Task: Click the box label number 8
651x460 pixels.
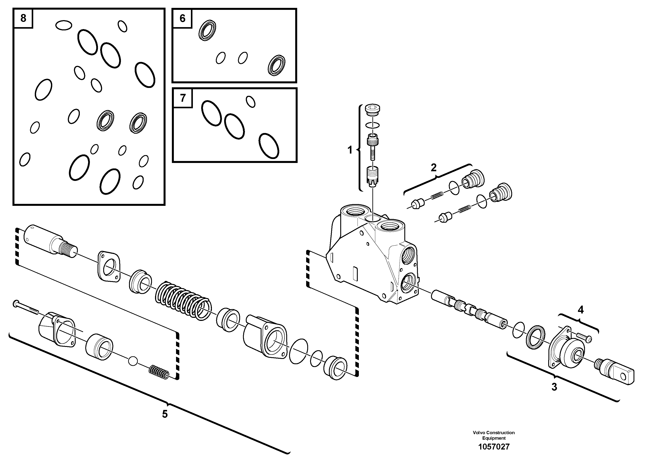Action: [23, 18]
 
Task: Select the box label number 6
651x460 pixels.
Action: [182, 18]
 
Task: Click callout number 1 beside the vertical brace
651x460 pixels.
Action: [350, 150]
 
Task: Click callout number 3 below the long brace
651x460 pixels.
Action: [554, 387]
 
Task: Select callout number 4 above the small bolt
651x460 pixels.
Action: [580, 310]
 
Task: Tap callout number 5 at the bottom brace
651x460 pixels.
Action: [165, 414]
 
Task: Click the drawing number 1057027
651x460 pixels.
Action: [494, 447]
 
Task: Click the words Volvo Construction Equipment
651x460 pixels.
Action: [494, 435]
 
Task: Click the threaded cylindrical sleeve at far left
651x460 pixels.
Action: [50, 243]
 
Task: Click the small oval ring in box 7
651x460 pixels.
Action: [250, 101]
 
